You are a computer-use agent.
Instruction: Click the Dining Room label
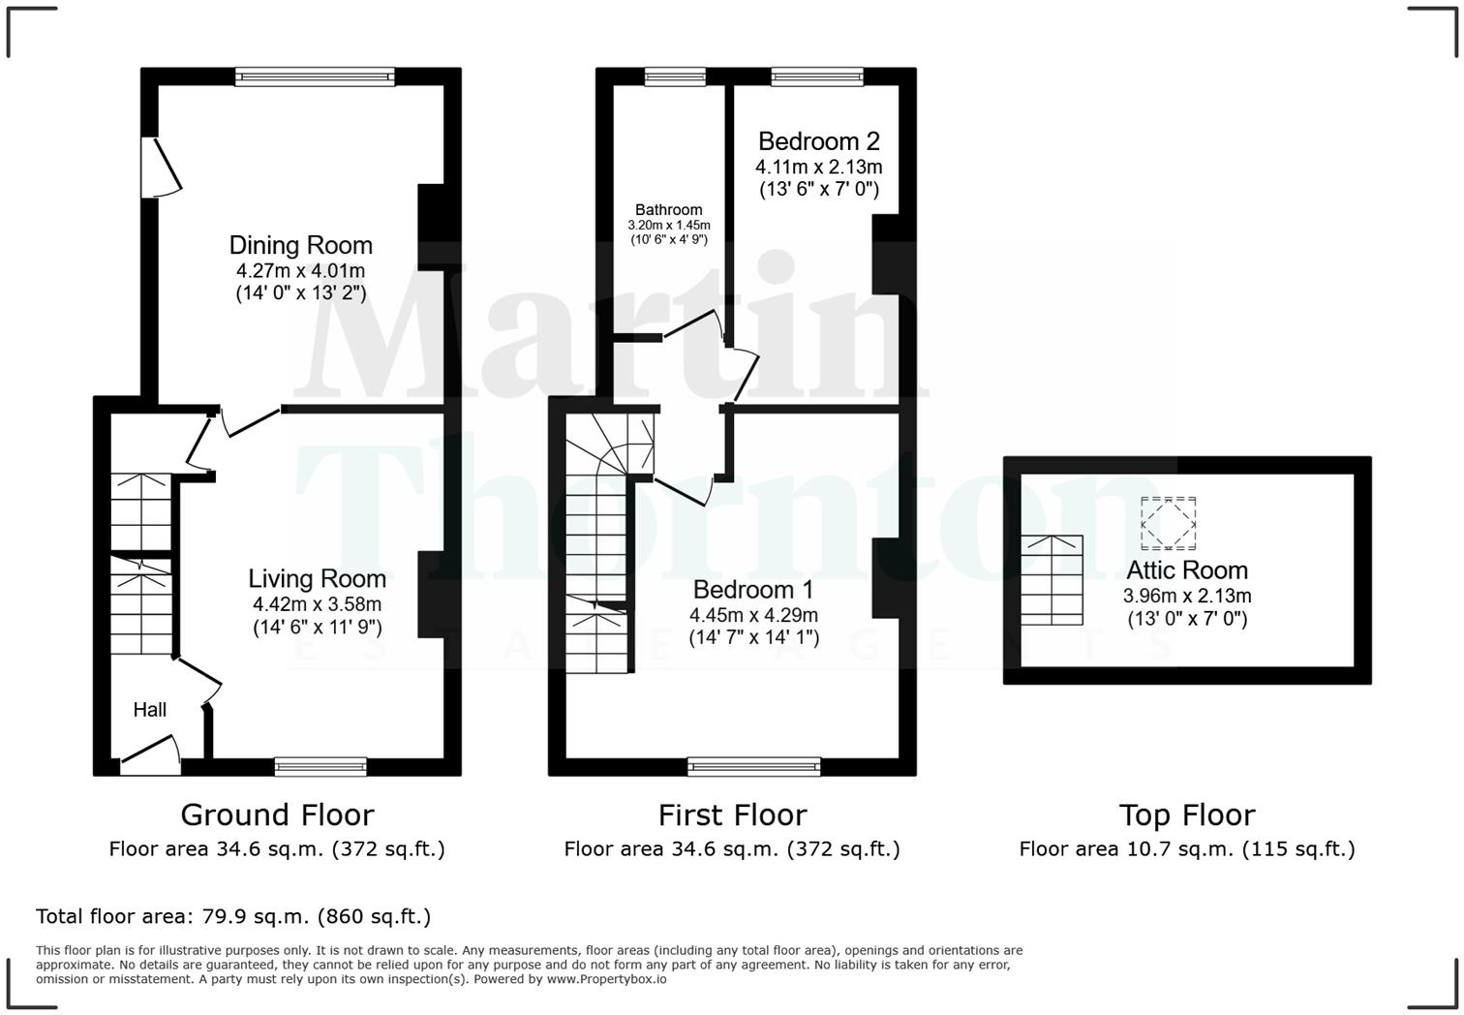click(300, 245)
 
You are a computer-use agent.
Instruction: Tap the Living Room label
click(317, 578)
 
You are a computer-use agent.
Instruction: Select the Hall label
click(149, 710)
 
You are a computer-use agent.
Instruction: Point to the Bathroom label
click(668, 209)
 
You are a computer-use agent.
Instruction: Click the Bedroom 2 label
click(818, 141)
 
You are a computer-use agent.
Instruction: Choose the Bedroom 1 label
click(753, 589)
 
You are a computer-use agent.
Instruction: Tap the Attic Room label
click(1187, 569)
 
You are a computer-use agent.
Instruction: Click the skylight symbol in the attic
click(1168, 523)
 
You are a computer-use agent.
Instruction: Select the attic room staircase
click(1052, 579)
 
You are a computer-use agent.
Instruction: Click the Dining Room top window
click(315, 77)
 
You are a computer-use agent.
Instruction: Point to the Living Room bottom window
click(320, 767)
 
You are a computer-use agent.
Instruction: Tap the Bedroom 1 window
click(754, 767)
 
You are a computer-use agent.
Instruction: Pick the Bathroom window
click(675, 77)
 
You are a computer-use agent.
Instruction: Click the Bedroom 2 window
click(817, 77)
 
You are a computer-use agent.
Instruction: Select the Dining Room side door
click(160, 168)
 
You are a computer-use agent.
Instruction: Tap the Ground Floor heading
click(277, 815)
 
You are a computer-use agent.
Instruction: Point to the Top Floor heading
click(1187, 815)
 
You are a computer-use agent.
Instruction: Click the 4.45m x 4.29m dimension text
click(753, 615)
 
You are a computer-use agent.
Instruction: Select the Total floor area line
click(233, 916)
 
